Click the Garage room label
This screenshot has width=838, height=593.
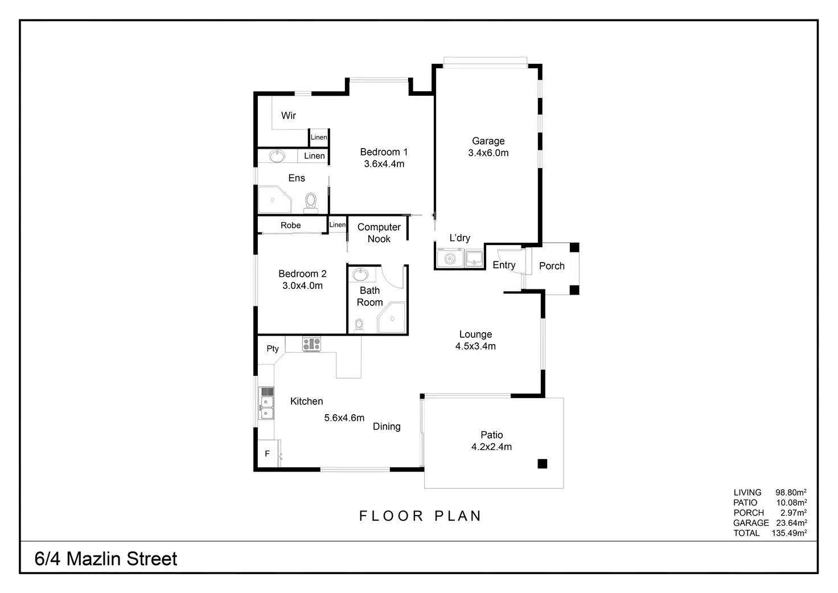coord(488,141)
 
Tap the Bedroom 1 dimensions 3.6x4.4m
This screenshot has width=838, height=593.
coord(384,164)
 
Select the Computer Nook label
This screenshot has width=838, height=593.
coord(379,233)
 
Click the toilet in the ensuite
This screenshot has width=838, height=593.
coord(311,201)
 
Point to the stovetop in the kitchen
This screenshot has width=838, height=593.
coord(311,343)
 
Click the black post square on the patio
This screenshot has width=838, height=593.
coord(542,464)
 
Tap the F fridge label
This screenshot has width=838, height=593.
coord(267,454)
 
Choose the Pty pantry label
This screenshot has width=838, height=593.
coord(273,349)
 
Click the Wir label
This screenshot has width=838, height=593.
coord(289,116)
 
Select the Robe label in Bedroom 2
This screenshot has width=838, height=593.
coord(290,226)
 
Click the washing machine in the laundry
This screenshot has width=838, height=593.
coord(450,259)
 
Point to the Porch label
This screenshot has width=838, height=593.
coord(552,266)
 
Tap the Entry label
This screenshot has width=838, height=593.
coord(504,265)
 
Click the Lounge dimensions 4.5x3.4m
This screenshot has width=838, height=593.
coord(475,346)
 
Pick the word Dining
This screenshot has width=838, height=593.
coord(387,427)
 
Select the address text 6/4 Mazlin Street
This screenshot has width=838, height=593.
coord(106,559)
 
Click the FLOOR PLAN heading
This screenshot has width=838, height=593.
coord(420,516)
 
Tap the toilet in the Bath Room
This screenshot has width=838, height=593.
coord(359,325)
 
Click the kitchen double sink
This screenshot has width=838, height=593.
coord(266,407)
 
